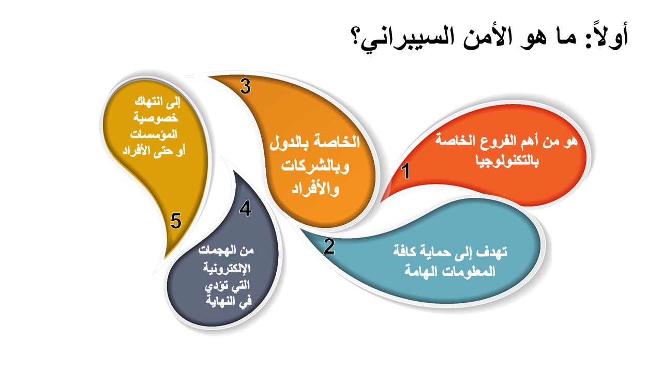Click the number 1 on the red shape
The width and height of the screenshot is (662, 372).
pyautogui.click(x=406, y=171)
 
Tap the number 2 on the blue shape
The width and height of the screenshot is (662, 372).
pyautogui.click(x=329, y=246)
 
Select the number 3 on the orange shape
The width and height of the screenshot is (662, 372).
pyautogui.click(x=245, y=86)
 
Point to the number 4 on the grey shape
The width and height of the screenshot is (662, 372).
pyautogui.click(x=245, y=208)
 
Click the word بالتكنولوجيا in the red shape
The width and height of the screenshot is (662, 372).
pyautogui.click(x=507, y=161)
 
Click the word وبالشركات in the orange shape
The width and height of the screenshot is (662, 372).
pyautogui.click(x=315, y=167)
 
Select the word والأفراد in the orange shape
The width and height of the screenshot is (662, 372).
pyautogui.click(x=315, y=189)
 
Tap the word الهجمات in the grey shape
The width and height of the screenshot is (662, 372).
pyautogui.click(x=216, y=251)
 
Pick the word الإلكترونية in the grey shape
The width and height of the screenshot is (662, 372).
pyautogui.click(x=227, y=268)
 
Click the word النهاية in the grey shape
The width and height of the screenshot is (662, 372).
pyautogui.click(x=220, y=301)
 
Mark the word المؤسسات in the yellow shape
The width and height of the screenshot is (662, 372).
pyautogui.click(x=154, y=134)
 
